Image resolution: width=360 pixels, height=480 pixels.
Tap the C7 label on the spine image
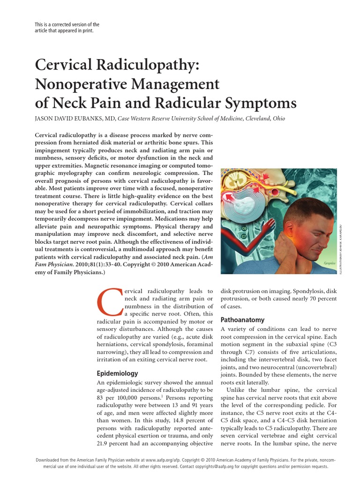pyautogui.click(x=244, y=236)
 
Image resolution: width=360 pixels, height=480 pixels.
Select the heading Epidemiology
pyautogui.click(x=117, y=374)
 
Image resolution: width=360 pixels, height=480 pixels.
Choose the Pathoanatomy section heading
pyautogui.click(x=242, y=320)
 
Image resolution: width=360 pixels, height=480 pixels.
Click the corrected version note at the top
pyautogui.click(x=67, y=27)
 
